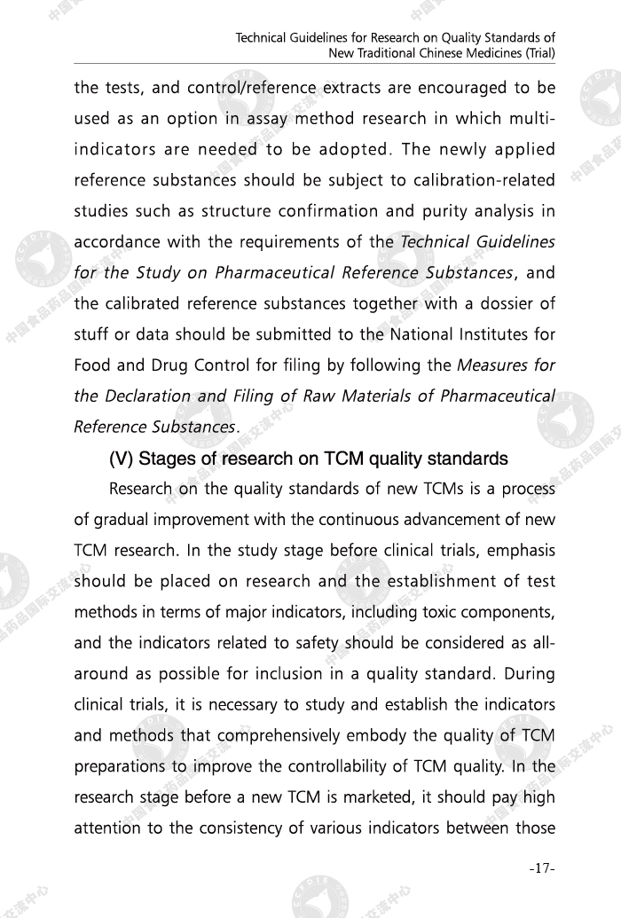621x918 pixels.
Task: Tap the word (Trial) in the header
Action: point(535,52)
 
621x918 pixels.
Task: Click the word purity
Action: point(448,211)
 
